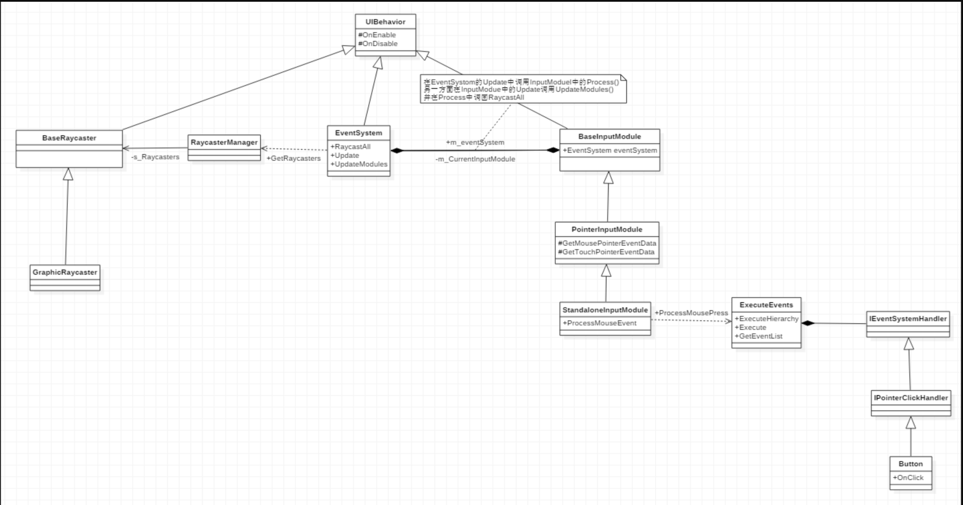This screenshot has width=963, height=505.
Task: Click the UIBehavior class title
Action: pyautogui.click(x=385, y=22)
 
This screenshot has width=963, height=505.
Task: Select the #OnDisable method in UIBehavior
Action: pyautogui.click(x=378, y=44)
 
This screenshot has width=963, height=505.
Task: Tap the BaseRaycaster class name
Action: pyautogui.click(x=69, y=138)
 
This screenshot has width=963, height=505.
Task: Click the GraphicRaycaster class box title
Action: pyautogui.click(x=65, y=272)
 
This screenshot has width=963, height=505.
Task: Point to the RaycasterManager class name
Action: pyautogui.click(x=224, y=142)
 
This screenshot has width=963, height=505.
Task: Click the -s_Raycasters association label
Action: pyautogui.click(x=155, y=157)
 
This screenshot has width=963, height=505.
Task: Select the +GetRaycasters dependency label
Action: pyautogui.click(x=293, y=158)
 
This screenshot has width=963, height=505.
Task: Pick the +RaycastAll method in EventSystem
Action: pyautogui.click(x=350, y=147)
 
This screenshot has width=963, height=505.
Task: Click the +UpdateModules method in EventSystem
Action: pyautogui.click(x=359, y=164)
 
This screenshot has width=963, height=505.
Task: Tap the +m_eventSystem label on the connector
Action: pyautogui.click(x=475, y=142)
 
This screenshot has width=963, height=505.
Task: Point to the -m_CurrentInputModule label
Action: pyautogui.click(x=475, y=159)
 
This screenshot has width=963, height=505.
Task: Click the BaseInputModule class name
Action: pyautogui.click(x=609, y=136)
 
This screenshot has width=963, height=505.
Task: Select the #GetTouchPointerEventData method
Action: pyautogui.click(x=606, y=252)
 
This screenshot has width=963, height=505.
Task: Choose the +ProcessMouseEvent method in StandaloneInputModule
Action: pyautogui.click(x=599, y=323)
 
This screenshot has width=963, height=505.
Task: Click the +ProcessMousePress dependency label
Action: pyautogui.click(x=691, y=313)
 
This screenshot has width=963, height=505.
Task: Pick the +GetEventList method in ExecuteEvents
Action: pyautogui.click(x=759, y=336)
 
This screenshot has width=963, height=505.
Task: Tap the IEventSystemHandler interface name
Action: pyautogui.click(x=908, y=319)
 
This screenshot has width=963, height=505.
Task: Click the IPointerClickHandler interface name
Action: pyautogui.click(x=911, y=398)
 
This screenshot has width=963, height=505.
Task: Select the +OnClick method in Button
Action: pyautogui.click(x=908, y=478)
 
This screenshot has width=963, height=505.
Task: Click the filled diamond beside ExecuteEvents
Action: pyautogui.click(x=808, y=323)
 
